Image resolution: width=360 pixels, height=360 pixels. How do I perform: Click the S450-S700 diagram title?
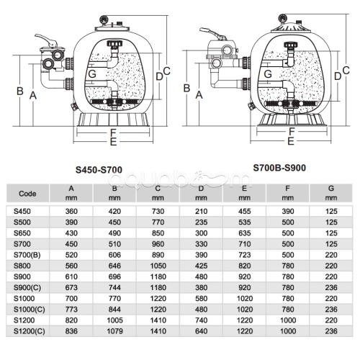[99, 170]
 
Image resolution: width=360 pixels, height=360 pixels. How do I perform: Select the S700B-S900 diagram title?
[279, 168]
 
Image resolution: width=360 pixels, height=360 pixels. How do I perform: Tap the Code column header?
[27, 194]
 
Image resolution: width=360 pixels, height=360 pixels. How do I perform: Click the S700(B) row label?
[27, 255]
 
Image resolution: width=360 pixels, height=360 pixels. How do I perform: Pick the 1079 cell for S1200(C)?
[114, 331]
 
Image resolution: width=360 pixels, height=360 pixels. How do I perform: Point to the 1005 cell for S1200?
[114, 320]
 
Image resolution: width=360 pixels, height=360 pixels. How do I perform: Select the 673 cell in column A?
[71, 287]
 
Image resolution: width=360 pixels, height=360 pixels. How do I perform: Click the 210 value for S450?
[201, 211]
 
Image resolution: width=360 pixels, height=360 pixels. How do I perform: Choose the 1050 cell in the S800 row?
[158, 266]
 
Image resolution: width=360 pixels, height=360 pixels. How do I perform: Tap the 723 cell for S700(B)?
[245, 255]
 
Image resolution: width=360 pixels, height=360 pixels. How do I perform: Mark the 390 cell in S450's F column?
[288, 211]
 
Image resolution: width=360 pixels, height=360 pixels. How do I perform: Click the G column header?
[331, 189]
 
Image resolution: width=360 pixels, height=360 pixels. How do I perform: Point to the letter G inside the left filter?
[92, 73]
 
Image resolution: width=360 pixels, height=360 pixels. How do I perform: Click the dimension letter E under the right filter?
[291, 141]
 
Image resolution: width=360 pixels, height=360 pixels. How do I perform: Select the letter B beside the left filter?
[20, 91]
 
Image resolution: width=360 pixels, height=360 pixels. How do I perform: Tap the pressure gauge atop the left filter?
[104, 19]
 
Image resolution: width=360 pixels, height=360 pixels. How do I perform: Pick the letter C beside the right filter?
[346, 70]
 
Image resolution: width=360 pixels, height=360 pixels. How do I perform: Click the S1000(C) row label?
[30, 310]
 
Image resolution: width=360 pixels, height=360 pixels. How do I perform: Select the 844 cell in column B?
[114, 310]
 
